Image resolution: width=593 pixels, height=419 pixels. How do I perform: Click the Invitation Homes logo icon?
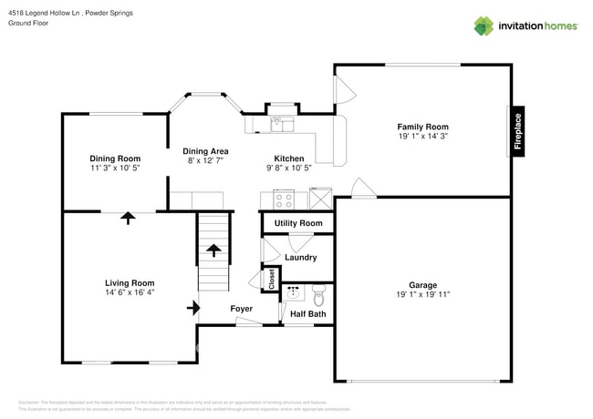click(x=484, y=26)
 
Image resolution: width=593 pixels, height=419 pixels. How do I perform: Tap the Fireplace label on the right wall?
click(x=517, y=131)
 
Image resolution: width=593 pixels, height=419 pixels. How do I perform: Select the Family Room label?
click(x=422, y=127)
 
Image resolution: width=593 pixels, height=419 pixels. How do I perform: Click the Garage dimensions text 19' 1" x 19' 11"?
click(x=422, y=295)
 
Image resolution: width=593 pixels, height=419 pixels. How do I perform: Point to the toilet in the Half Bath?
click(x=318, y=295)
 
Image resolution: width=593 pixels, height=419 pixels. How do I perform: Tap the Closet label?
click(x=271, y=278)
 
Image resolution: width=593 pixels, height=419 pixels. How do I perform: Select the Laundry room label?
click(x=300, y=258)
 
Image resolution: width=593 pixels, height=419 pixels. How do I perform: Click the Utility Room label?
click(x=298, y=223)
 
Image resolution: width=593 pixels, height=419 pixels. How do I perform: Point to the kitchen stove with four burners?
click(x=283, y=199)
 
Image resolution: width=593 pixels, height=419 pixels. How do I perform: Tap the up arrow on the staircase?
click(x=214, y=248)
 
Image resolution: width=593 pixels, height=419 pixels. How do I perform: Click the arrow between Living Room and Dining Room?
click(x=128, y=218)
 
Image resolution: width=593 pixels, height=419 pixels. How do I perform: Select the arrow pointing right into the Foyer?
click(x=193, y=308)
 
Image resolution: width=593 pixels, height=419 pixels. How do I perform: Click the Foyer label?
click(x=241, y=309)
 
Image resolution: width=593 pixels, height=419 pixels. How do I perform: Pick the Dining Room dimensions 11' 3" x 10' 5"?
click(x=115, y=169)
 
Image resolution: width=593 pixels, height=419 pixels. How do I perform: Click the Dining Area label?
click(x=205, y=151)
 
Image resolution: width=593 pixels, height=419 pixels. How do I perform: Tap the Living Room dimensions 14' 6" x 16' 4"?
click(x=130, y=293)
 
